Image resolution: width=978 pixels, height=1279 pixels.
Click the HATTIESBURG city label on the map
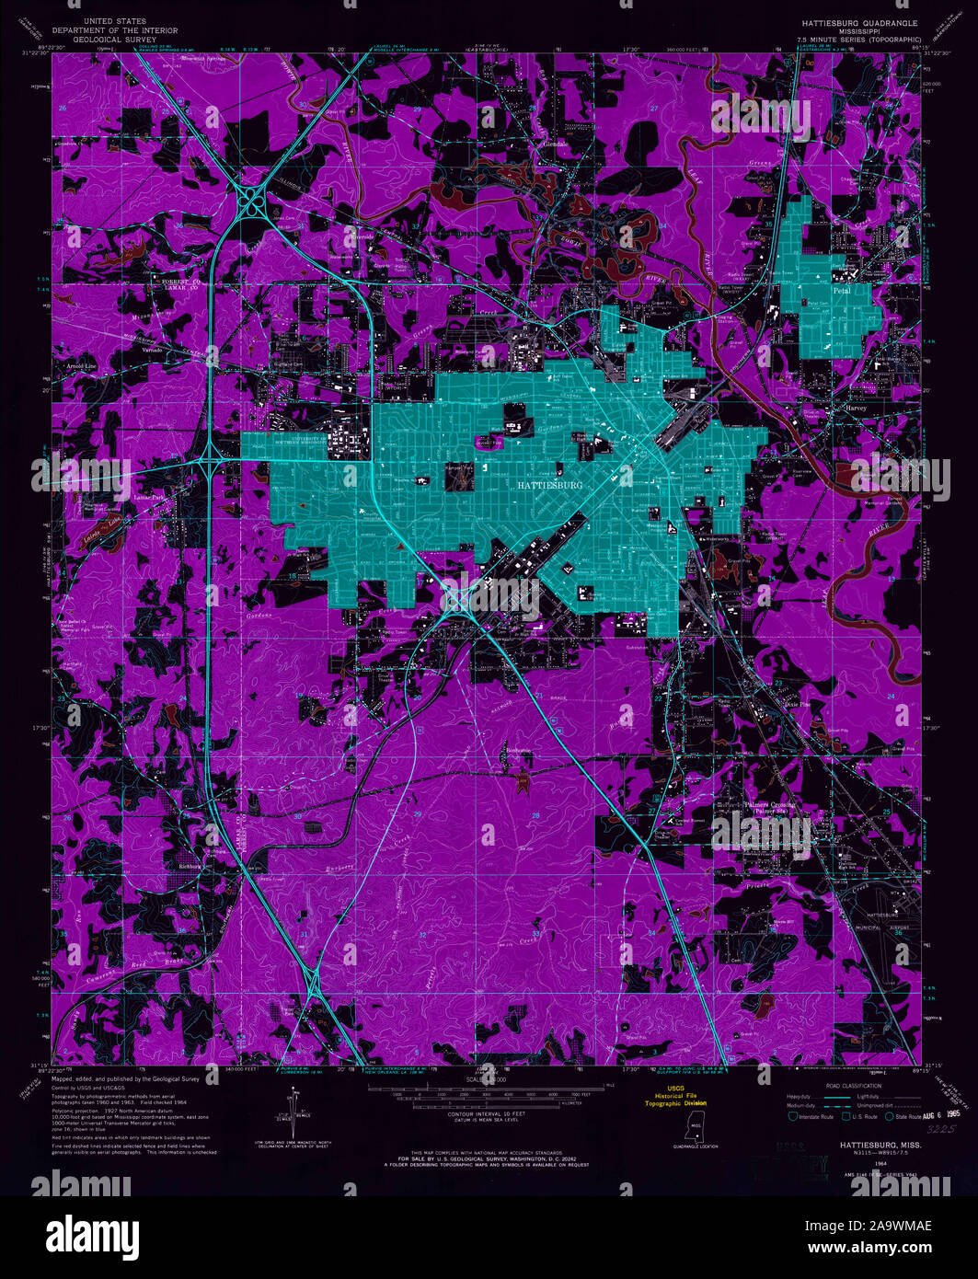(x=550, y=484)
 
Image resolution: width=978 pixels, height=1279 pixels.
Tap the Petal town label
(x=841, y=290)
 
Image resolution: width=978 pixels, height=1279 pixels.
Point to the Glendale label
(x=556, y=144)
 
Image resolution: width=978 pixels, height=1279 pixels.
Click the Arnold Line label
(x=80, y=365)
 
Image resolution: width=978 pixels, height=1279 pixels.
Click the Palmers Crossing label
(x=770, y=805)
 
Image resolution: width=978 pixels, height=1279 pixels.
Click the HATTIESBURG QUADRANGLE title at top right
(x=859, y=22)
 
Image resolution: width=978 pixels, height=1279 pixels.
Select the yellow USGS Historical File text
(x=675, y=1096)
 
